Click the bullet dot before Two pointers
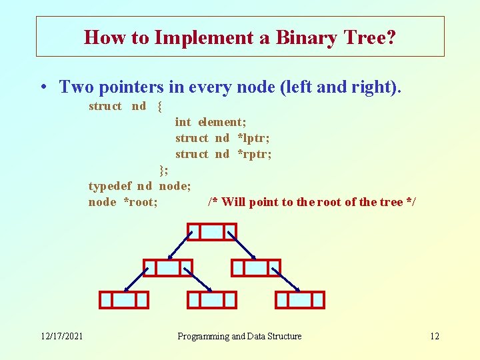42,87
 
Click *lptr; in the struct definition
253,138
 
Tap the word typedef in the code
110,186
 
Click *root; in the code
140,202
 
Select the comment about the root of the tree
311,202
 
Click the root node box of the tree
212,231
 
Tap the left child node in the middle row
168,267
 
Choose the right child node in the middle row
256,267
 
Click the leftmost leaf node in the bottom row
124,300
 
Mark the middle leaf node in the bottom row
212,300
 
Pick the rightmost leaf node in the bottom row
300,300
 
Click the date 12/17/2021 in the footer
60,336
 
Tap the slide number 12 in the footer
434,336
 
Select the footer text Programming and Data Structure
239,336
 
